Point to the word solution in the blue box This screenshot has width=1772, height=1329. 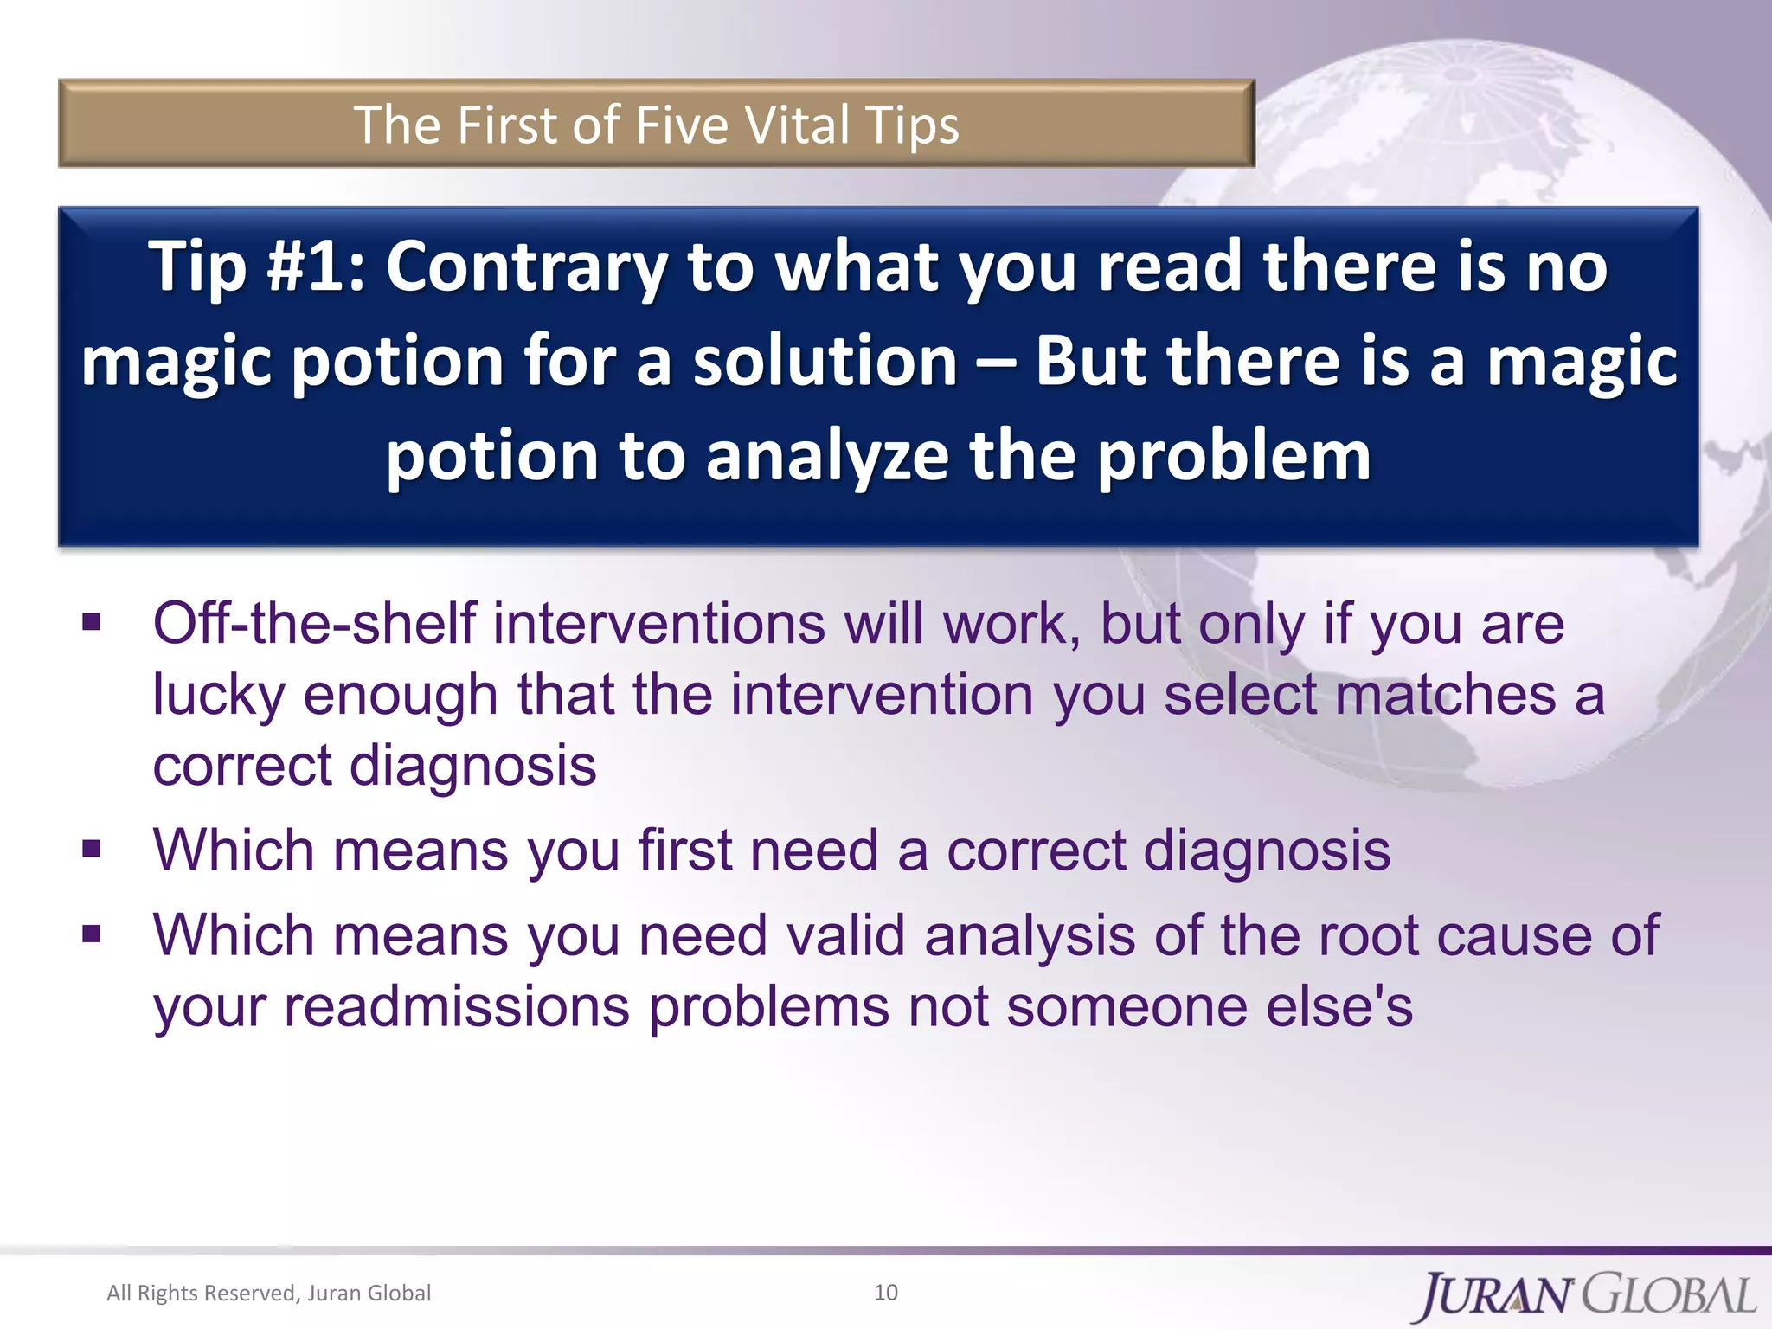tap(825, 361)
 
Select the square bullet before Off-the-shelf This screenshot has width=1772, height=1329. tap(92, 623)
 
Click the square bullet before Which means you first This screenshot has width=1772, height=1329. tap(92, 850)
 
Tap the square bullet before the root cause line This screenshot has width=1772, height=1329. tap(92, 934)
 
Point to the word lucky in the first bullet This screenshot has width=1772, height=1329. tap(219, 695)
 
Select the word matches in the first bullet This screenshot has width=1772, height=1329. tap(1446, 695)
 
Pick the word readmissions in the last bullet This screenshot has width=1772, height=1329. tap(457, 1007)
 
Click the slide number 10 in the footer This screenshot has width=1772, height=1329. tap(886, 1293)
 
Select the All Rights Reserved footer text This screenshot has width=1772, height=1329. tap(268, 1293)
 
